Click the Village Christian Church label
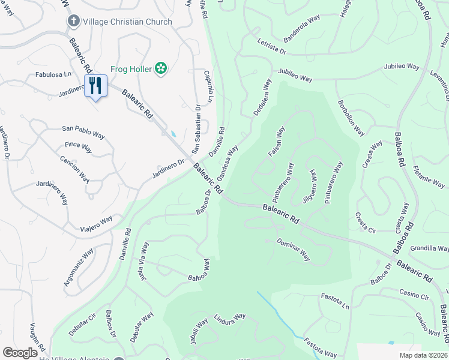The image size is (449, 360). tap(127, 22)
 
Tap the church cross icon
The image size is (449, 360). tap(74, 22)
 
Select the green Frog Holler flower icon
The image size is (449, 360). tap(160, 68)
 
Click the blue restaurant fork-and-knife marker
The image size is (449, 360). tap(95, 86)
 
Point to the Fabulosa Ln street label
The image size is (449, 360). tap(54, 75)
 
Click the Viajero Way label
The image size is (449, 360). tap(96, 223)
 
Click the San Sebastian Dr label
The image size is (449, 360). tap(196, 129)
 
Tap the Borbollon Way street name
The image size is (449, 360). tap(351, 117)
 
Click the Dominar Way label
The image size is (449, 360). tap(293, 249)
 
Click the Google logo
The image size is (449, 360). tap(20, 353)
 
